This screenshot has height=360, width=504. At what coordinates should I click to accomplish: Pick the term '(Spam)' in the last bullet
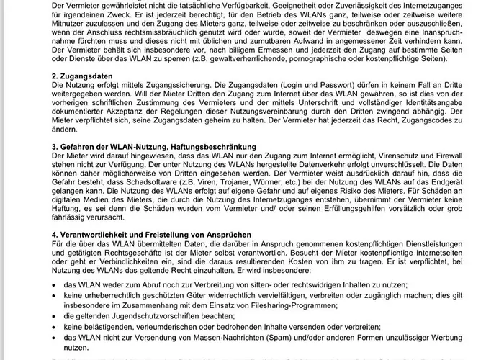(294, 340)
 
